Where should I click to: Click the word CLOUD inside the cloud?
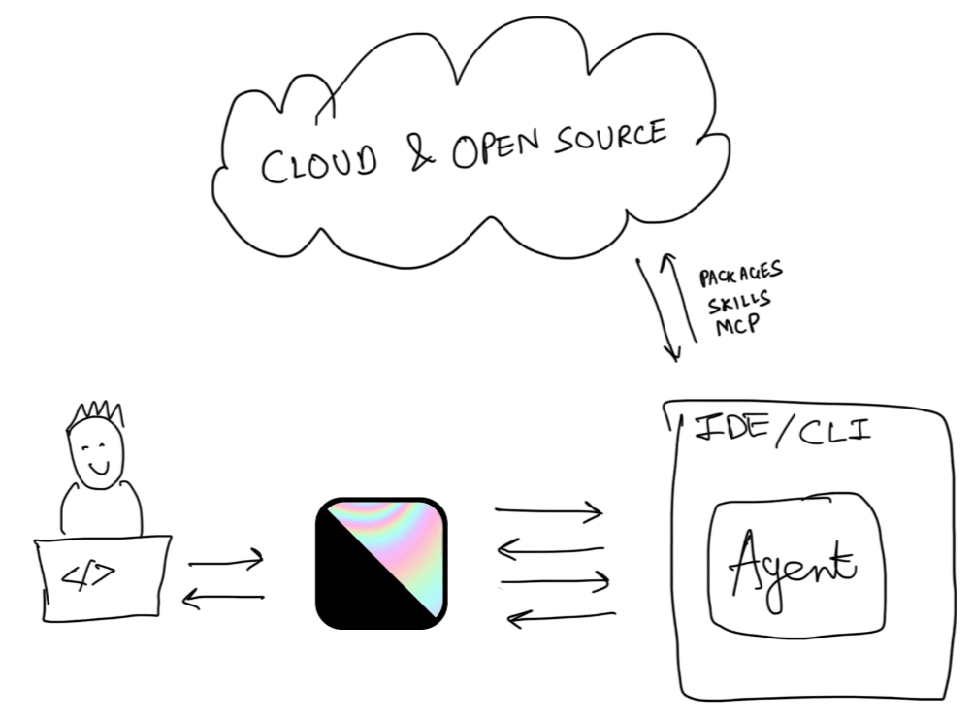319,164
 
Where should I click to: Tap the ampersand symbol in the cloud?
423,152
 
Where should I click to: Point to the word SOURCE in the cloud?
610,137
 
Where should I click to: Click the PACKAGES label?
741,275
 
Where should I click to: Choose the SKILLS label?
739,302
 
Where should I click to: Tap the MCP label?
737,325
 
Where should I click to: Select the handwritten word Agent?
792,570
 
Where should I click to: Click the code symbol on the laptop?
88,575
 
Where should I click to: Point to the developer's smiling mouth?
98,467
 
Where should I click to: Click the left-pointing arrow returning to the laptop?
223,599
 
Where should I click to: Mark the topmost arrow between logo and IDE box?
548,511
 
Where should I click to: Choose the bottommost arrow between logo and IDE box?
562,616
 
